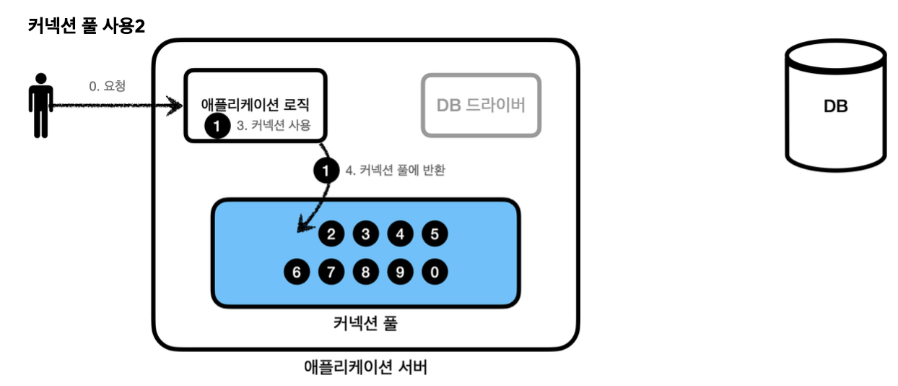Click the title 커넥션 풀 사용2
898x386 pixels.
(87, 27)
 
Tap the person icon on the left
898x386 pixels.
(40, 106)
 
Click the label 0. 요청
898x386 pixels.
(108, 86)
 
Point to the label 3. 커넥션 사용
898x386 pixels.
(274, 125)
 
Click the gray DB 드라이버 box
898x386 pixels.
(481, 105)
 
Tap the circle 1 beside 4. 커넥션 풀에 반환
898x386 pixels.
(326, 171)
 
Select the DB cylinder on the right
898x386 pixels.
(835, 105)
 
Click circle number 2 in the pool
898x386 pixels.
(331, 233)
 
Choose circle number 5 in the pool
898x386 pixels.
(435, 233)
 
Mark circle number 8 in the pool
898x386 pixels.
(366, 273)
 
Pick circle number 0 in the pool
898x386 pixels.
(435, 273)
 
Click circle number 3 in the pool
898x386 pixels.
(366, 233)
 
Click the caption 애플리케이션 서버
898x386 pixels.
(366, 367)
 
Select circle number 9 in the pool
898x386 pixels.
(400, 273)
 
